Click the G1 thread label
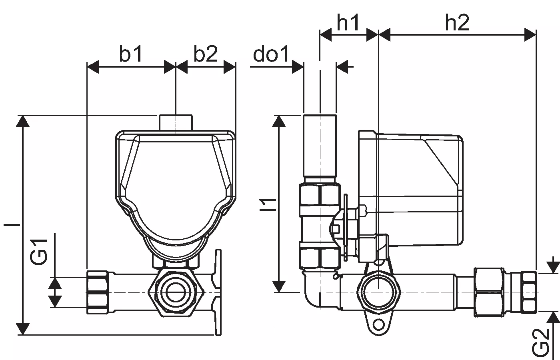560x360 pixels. pos(40,252)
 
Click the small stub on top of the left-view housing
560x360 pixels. pos(176,122)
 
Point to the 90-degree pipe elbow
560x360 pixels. pos(314,292)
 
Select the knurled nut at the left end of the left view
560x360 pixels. pos(98,292)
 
